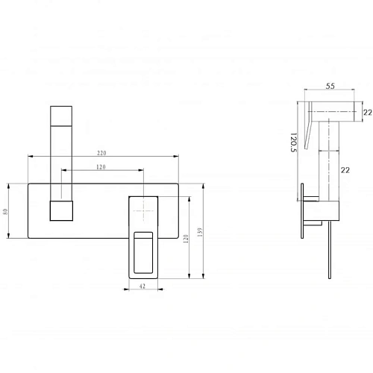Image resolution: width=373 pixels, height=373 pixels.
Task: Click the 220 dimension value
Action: click(x=101, y=153)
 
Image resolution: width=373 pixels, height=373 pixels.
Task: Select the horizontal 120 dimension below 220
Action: click(x=101, y=167)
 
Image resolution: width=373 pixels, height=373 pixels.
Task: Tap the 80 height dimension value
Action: click(x=5, y=212)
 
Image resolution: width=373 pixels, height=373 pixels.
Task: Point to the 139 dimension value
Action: click(x=200, y=232)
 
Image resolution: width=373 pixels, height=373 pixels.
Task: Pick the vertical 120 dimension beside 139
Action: click(x=186, y=239)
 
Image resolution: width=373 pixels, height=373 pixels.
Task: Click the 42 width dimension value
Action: click(x=142, y=286)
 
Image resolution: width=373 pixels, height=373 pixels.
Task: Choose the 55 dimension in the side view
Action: click(x=330, y=86)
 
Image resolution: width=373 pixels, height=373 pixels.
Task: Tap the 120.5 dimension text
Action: click(x=293, y=142)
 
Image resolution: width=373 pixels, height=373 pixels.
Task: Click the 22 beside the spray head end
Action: click(x=368, y=113)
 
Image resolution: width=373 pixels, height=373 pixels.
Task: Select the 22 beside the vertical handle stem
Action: click(x=345, y=170)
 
